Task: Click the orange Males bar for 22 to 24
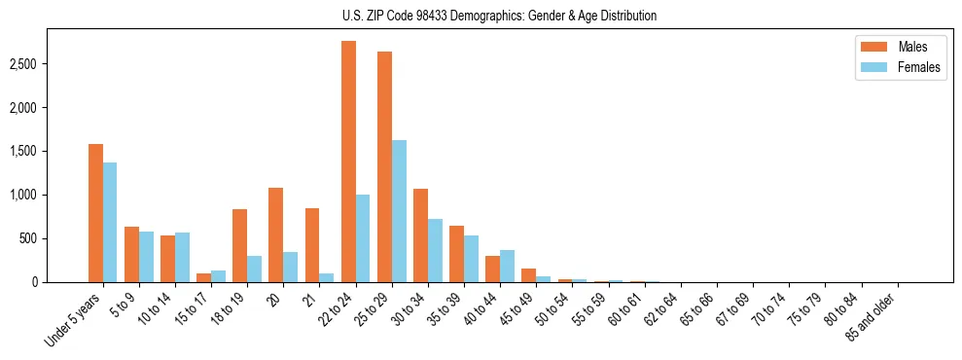[x=348, y=162]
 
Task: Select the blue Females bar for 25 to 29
[x=399, y=211]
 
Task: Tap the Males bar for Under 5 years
[x=95, y=213]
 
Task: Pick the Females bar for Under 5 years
[x=110, y=222]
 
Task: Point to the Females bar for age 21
[x=327, y=277]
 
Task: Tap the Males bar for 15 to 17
[x=203, y=277]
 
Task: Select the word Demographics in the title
[x=487, y=16]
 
